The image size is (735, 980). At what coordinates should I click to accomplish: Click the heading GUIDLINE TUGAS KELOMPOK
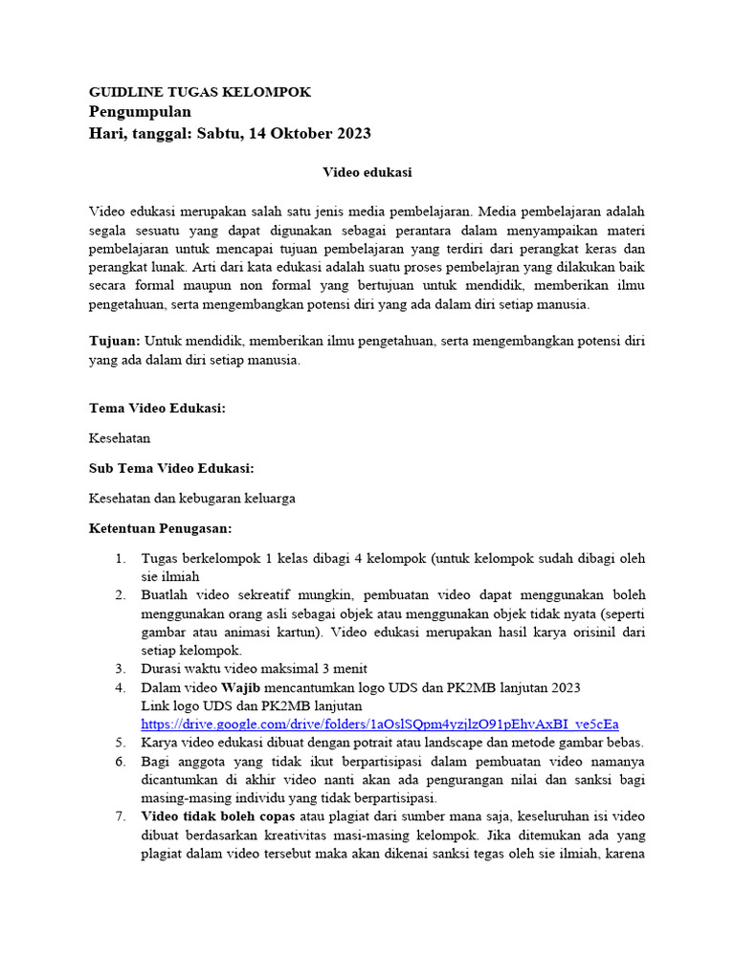click(x=200, y=92)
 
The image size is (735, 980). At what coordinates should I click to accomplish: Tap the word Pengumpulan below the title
click(x=141, y=112)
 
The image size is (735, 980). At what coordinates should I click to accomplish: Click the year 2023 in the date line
click(x=351, y=133)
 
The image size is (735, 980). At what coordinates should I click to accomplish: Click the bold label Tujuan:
click(x=115, y=341)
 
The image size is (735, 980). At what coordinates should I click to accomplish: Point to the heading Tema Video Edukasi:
click(x=157, y=408)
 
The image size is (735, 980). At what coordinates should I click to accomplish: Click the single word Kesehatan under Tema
click(x=120, y=437)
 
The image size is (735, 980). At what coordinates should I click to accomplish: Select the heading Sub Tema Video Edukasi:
click(x=171, y=468)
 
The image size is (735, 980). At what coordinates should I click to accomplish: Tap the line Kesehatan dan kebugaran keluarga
click(x=192, y=498)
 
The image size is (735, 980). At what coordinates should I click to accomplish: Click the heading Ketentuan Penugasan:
click(x=161, y=528)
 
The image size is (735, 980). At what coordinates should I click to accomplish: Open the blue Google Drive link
click(x=380, y=724)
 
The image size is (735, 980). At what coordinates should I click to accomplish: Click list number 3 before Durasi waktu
click(x=121, y=669)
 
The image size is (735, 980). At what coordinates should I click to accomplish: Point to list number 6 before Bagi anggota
click(x=121, y=761)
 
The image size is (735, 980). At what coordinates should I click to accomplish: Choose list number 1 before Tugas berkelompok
click(x=121, y=558)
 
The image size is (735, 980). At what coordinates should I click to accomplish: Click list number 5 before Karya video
click(x=121, y=742)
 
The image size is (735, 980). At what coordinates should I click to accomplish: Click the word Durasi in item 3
click(x=163, y=669)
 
